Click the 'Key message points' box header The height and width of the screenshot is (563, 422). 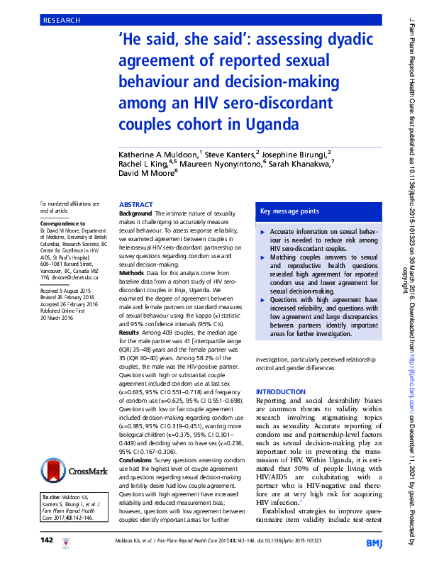(290, 211)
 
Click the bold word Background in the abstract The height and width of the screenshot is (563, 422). (135, 213)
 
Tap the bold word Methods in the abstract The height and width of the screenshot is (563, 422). (132, 272)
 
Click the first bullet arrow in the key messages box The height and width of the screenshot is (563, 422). (264, 233)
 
